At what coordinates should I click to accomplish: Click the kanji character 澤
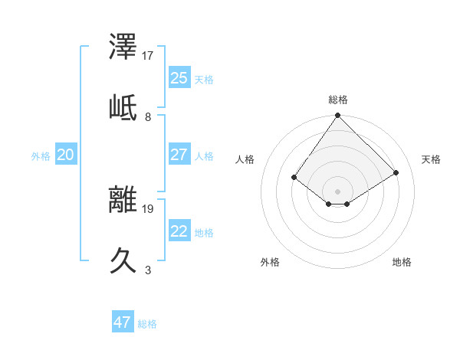coord(123,48)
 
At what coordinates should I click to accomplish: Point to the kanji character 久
coord(123,259)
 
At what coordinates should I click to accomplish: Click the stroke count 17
coord(148,56)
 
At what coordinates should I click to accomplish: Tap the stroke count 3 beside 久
coord(148,270)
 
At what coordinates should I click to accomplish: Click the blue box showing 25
coord(179,78)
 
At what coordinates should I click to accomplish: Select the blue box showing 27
coord(179,155)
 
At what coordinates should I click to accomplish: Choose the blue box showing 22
coord(179,231)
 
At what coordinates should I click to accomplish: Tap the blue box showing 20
coord(65,155)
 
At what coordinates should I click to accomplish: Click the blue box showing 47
coord(123,322)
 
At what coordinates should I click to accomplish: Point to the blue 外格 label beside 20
coord(41,156)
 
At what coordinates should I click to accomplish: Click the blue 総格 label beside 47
coord(147,324)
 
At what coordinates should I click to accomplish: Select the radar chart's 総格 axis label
coord(338,100)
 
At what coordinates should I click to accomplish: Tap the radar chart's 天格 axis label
coord(432,159)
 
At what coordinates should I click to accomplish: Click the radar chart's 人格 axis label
coord(245,159)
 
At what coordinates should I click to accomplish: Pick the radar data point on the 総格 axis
coord(338,116)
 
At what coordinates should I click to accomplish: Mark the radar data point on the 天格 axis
coord(396,173)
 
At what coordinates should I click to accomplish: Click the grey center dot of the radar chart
coord(338,191)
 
